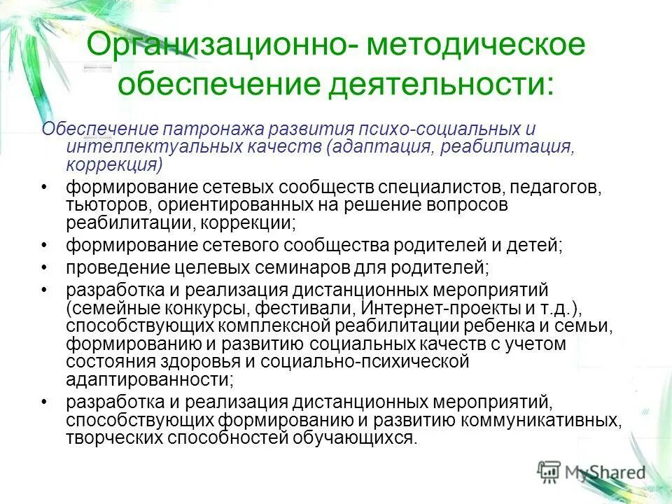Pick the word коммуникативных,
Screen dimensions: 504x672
pos(541,420)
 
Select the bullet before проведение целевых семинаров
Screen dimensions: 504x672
pos(45,267)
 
